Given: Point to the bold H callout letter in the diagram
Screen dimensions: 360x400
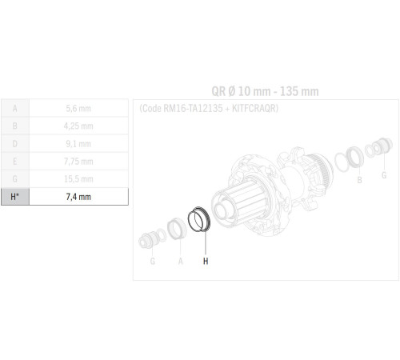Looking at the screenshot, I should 206,260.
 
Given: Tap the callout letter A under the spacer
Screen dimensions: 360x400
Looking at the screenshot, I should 181,260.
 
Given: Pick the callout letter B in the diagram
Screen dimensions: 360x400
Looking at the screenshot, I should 359,181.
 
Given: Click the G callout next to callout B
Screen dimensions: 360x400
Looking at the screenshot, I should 383,174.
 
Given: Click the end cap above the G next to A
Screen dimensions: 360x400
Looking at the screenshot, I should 150,237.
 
